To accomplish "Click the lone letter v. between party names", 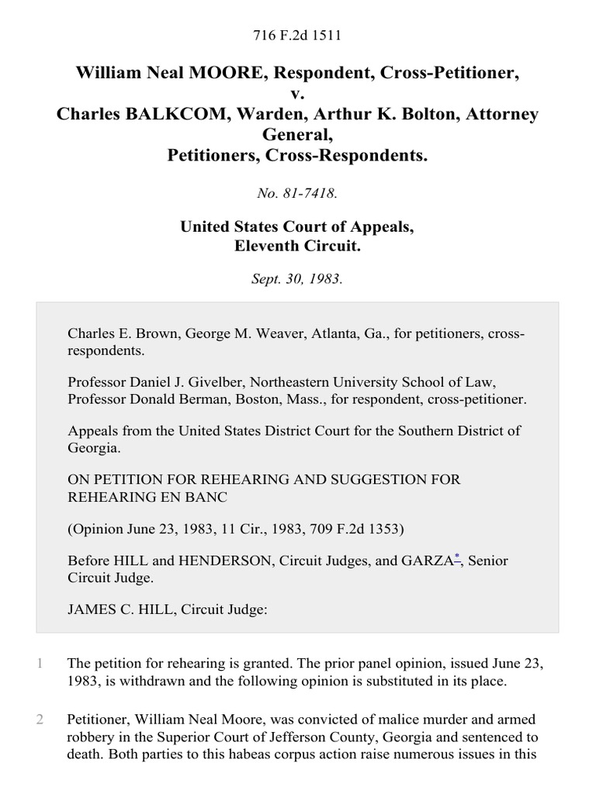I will coord(298,94).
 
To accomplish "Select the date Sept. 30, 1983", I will coord(297,279).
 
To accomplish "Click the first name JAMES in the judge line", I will coord(92,609).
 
